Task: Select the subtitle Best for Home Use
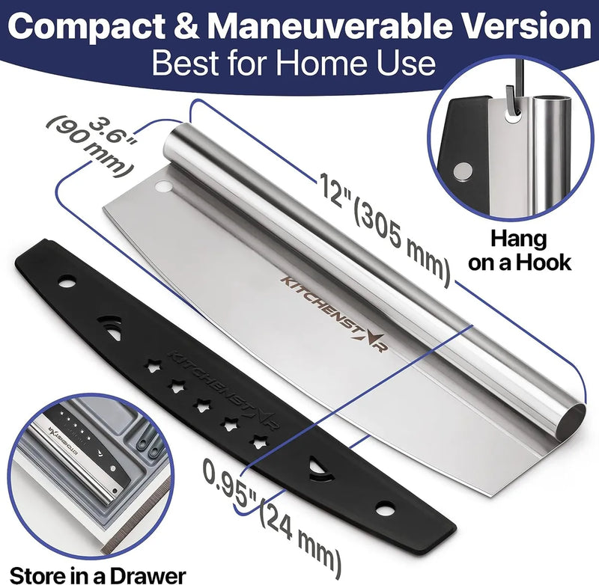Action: [294, 63]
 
